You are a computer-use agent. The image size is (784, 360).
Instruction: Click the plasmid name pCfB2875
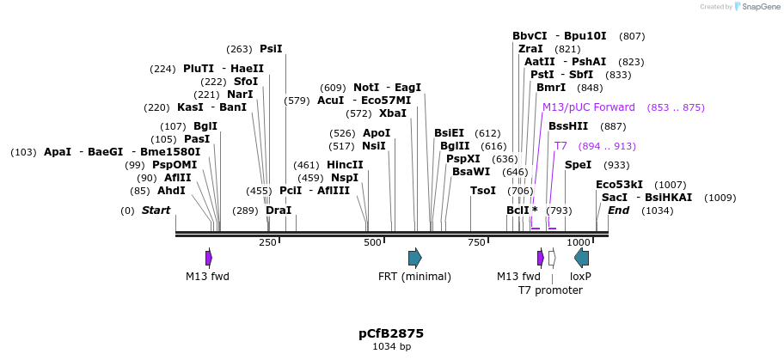[391, 333]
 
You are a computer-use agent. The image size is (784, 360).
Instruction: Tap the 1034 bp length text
[391, 347]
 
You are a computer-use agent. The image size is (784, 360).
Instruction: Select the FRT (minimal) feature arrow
[414, 258]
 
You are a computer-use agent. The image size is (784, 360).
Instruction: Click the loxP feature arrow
[582, 258]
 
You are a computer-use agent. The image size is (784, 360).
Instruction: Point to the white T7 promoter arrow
[552, 258]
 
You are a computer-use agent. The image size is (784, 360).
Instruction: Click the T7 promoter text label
[550, 290]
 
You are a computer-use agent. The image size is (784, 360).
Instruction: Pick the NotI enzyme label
[366, 88]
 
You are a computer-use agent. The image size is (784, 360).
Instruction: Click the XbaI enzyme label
[393, 113]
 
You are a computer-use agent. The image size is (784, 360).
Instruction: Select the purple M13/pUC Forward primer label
[589, 107]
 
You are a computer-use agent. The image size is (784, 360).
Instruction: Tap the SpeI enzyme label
[579, 165]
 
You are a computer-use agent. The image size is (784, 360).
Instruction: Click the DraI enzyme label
[279, 211]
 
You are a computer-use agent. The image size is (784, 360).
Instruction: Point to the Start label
[156, 211]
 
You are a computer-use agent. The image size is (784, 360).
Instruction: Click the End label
[619, 211]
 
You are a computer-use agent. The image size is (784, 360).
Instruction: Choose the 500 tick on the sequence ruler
[372, 243]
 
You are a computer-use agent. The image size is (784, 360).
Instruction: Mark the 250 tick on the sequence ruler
[268, 243]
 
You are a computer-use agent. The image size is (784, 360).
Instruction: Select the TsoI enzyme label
[483, 191]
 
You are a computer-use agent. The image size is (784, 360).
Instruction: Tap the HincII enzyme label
[345, 165]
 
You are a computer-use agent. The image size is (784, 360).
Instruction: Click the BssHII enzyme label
[568, 126]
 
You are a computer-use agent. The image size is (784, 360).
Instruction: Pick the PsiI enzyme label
[271, 49]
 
